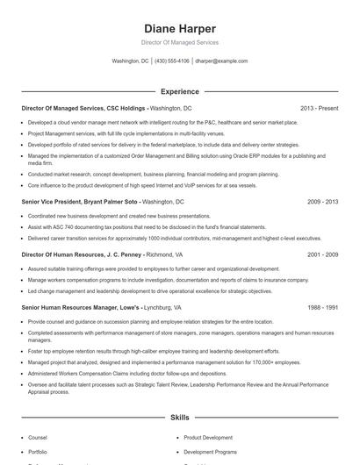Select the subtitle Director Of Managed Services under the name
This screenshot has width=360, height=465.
coord(180,42)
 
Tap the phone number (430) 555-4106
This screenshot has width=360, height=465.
coord(172,61)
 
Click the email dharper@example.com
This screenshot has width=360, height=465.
coord(221,61)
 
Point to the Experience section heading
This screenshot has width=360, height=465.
coord(180,91)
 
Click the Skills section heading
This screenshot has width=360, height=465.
coord(180,418)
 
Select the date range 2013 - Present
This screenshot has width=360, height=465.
coord(319,108)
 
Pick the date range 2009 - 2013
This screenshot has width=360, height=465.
coord(322,201)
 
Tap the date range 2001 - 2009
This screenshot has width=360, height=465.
coord(322,254)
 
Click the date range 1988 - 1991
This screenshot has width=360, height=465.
coord(322,308)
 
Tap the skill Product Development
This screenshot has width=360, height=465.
coord(208,437)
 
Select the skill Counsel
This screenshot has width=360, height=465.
coord(38,437)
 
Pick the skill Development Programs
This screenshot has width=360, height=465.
coord(210,451)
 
